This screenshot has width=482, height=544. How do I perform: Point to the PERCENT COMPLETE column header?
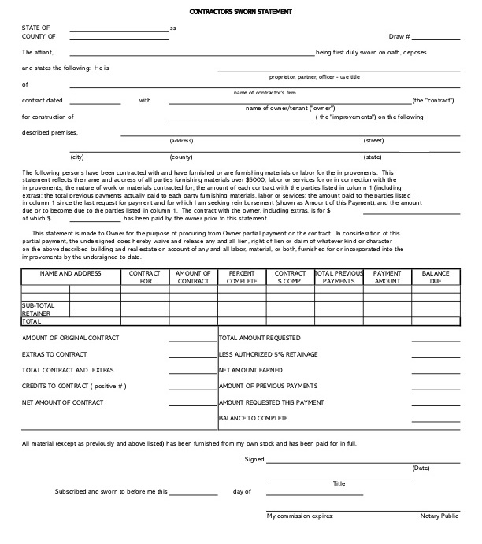click(x=241, y=276)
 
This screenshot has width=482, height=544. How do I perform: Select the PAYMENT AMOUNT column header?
click(x=387, y=276)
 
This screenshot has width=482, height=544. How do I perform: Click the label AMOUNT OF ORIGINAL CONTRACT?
click(x=71, y=338)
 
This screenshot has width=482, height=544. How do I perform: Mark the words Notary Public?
click(x=439, y=516)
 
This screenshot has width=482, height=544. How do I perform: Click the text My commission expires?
click(x=300, y=516)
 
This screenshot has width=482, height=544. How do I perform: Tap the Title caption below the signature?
click(x=339, y=483)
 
